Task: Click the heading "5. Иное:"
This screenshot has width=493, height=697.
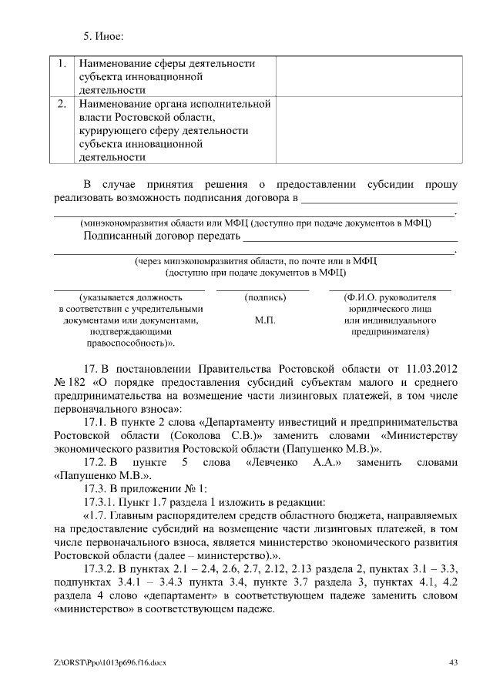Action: pos(104,36)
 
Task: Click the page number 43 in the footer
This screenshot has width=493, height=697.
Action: pos(453,662)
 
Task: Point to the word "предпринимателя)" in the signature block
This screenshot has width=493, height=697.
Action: pos(391,332)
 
